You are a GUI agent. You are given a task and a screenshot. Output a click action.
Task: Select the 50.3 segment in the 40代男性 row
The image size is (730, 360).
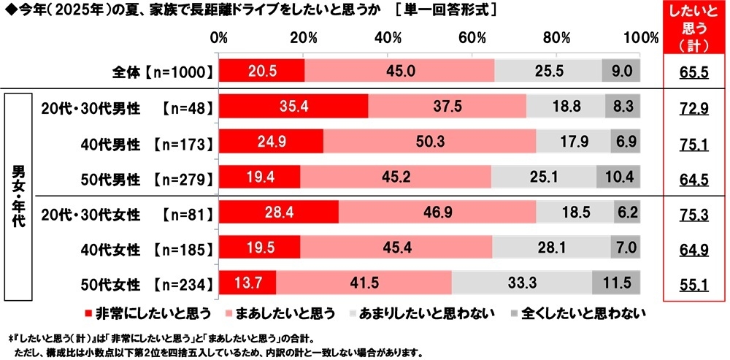(x=429, y=141)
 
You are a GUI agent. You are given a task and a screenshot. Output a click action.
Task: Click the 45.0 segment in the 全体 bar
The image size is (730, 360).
(x=399, y=70)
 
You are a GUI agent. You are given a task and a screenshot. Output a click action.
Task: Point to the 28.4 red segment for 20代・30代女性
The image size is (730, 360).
(x=279, y=212)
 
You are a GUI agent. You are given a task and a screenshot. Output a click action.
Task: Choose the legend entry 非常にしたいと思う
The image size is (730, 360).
(x=149, y=314)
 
